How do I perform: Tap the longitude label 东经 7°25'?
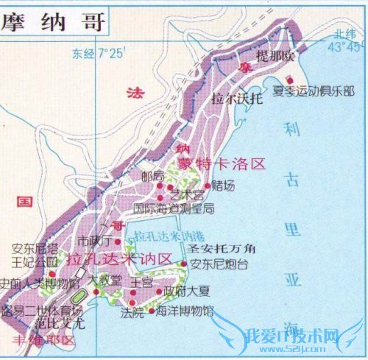click(99, 53)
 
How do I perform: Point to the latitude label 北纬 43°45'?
click(347, 40)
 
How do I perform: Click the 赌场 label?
click(222, 185)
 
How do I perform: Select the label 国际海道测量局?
click(174, 208)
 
